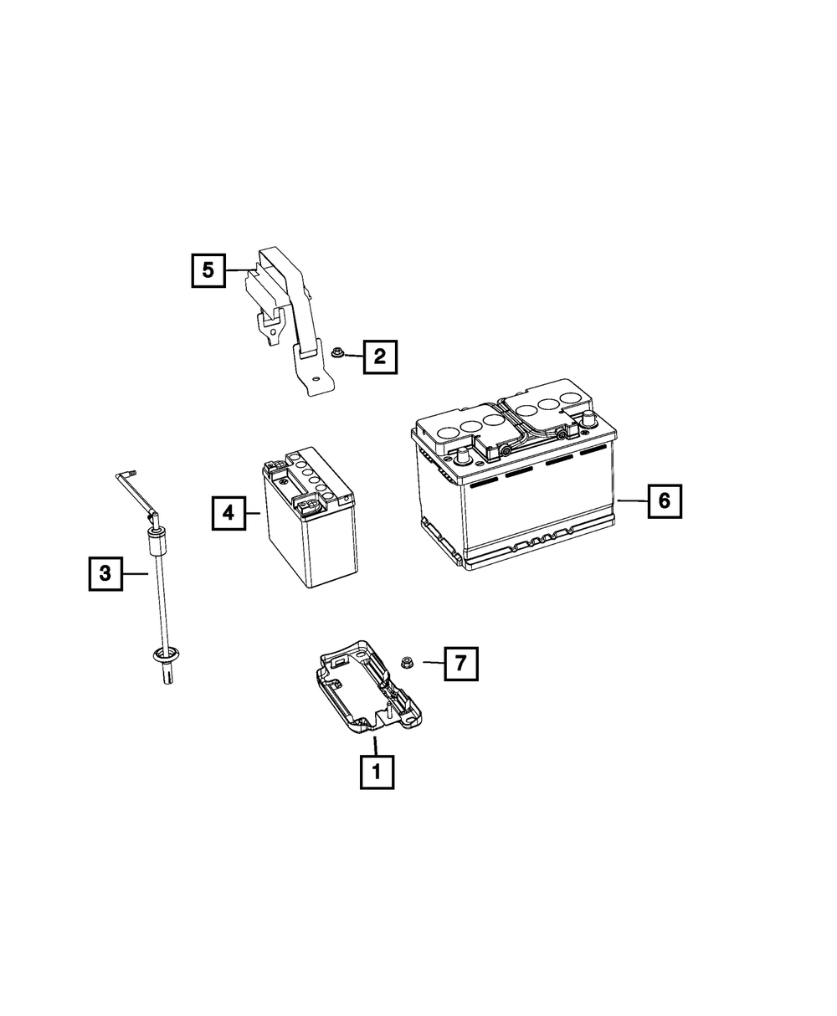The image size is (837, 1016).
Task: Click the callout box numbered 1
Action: click(377, 772)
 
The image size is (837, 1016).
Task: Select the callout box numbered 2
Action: click(380, 357)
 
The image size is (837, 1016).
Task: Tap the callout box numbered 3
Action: click(105, 573)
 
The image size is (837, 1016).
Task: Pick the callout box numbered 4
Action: click(229, 513)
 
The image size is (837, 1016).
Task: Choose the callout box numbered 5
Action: click(208, 270)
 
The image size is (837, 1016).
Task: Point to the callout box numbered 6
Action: click(665, 500)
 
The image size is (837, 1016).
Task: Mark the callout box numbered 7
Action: click(461, 663)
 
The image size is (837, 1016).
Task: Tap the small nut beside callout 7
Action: click(405, 662)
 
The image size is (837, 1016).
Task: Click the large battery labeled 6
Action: click(514, 474)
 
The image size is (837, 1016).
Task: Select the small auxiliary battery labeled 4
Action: click(310, 518)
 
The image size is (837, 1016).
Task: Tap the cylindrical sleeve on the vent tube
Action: click(155, 542)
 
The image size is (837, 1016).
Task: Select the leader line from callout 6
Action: click(632, 500)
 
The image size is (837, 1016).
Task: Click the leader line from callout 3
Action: click(136, 574)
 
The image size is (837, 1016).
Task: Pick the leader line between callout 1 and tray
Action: click(375, 746)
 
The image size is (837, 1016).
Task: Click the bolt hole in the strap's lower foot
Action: click(316, 379)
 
